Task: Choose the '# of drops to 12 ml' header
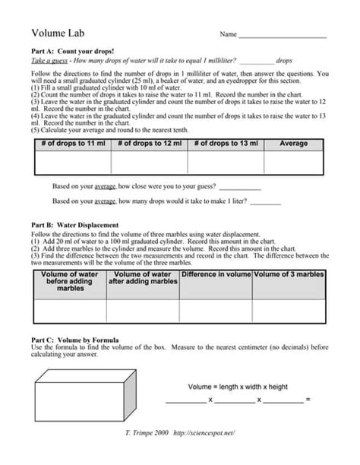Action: pos(149,144)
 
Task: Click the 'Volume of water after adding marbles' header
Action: pos(142,277)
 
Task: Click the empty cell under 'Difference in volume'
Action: pos(216,310)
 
